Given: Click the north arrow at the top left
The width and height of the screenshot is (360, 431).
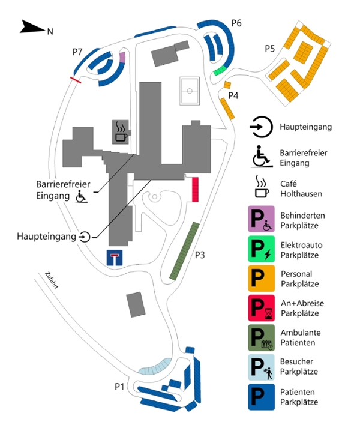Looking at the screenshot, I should [31, 27].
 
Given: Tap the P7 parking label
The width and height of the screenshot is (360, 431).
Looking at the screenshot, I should [77, 52].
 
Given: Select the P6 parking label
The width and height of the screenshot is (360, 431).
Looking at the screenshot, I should [236, 23].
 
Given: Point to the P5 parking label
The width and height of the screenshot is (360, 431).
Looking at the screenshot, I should [269, 49].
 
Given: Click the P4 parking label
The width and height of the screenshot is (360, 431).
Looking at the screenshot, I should [233, 95].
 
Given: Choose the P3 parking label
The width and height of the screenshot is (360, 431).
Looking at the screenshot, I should [199, 255].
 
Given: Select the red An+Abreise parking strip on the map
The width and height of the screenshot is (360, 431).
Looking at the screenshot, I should [195, 189].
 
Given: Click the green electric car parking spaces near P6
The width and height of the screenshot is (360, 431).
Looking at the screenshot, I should [220, 71].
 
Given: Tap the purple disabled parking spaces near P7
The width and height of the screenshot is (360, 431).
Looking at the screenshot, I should [122, 57].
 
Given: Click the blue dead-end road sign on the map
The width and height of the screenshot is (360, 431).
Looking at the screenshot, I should [114, 257].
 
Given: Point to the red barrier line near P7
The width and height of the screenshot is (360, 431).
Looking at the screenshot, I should [76, 79].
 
